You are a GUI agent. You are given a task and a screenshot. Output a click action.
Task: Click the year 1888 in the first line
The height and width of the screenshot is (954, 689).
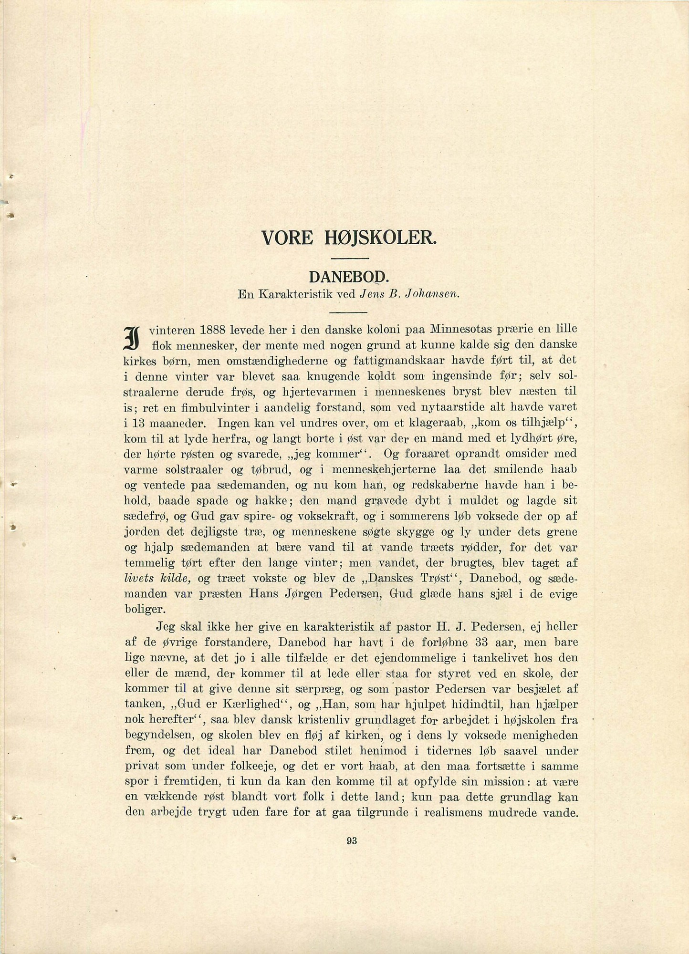(213, 330)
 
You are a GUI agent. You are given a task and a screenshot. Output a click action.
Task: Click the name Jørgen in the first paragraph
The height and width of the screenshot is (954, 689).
(312, 594)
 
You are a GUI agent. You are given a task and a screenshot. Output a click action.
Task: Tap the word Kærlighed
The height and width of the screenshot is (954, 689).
(244, 705)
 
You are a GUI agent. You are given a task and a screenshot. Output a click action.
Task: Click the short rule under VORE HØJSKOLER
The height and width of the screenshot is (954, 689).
(350, 258)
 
